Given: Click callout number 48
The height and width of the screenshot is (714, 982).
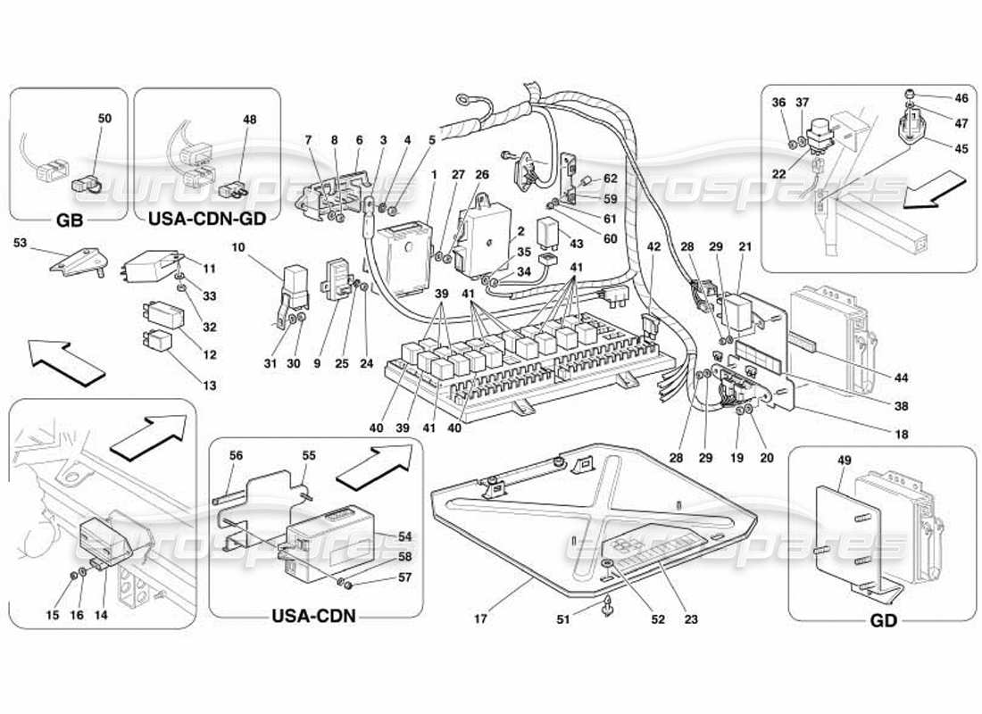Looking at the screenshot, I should point(249,119).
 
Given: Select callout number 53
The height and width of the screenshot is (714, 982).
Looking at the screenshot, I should point(20,242).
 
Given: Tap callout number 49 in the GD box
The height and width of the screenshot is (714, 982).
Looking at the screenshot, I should point(845,461).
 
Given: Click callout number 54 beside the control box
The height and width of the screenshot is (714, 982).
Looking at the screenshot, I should point(406,535).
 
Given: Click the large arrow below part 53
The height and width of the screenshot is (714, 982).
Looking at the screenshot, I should point(68,361).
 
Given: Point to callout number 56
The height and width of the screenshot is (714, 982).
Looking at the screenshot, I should point(236,454).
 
